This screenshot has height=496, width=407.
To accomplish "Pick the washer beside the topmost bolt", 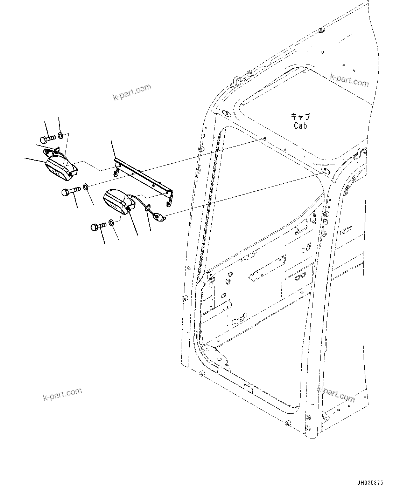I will tap(60, 135).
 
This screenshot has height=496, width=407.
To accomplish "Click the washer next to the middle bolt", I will tap(86, 186).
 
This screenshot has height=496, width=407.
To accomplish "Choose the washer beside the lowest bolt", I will tap(111, 222).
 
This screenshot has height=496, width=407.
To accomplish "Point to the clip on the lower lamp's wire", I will tap(147, 208).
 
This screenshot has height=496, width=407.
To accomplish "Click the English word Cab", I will tap(300, 125).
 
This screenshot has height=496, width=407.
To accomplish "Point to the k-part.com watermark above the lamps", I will tap(132, 92).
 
